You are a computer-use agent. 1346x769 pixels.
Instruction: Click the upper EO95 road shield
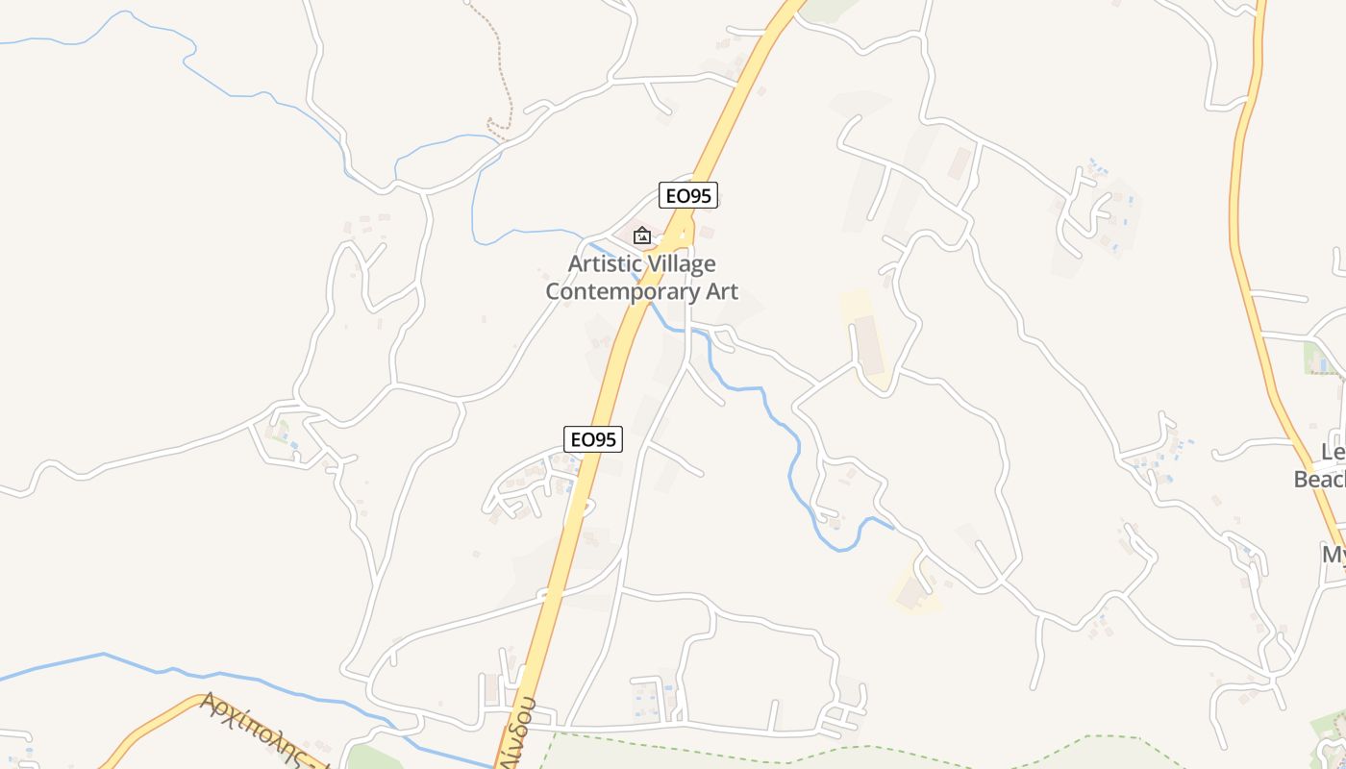[x=688, y=195]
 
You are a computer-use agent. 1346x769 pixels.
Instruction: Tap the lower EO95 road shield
[x=592, y=439]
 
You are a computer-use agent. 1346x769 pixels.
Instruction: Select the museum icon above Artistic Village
[x=641, y=235]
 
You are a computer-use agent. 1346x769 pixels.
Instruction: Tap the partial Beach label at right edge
[x=1319, y=480]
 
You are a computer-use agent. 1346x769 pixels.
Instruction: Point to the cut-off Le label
[x=1332, y=453]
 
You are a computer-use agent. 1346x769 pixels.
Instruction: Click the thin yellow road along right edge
[x=1240, y=192]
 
